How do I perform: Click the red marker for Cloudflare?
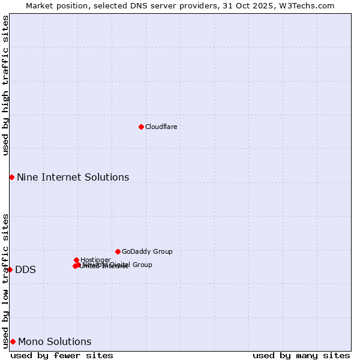click(141, 127)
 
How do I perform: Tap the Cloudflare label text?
click(161, 127)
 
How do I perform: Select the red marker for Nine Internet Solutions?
click(11, 177)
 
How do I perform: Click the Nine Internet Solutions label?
click(73, 178)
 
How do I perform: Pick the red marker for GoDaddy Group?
click(118, 251)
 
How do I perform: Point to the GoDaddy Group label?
click(147, 252)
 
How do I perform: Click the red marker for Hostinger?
click(76, 260)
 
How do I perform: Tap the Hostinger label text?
click(95, 260)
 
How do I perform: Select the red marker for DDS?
click(10, 269)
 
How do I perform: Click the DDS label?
click(25, 270)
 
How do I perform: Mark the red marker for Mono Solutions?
click(13, 341)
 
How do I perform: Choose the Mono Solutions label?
click(55, 342)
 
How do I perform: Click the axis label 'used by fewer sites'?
click(62, 355)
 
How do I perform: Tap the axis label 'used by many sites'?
click(301, 355)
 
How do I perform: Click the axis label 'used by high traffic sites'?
click(5, 85)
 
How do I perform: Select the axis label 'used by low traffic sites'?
click(5, 280)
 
